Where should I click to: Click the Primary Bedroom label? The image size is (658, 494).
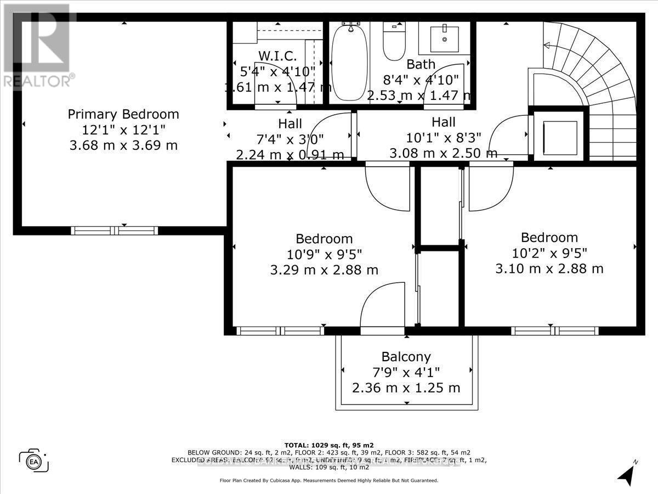123,114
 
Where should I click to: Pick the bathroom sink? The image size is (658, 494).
444,37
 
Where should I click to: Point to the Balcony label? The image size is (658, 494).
406,357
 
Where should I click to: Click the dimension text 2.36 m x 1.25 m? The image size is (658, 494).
406,388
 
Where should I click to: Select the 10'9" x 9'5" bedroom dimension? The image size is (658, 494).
324,254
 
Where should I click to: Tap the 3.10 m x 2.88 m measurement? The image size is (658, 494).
549,268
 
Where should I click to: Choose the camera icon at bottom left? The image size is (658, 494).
34,459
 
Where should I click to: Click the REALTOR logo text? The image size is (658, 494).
38,81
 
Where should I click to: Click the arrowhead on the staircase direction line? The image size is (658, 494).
546,46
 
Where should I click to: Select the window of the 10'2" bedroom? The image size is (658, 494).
554,331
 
